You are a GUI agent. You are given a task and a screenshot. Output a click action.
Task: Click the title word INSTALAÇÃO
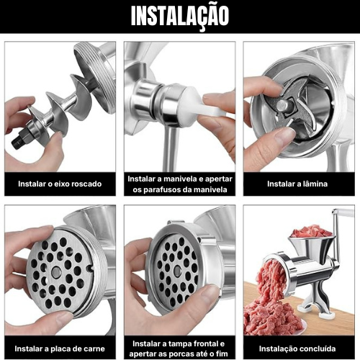180,16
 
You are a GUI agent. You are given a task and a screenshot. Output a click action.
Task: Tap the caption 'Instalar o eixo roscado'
60,184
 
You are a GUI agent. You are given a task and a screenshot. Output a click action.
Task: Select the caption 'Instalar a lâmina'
297,184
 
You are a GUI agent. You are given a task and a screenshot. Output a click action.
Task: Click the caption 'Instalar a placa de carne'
59,348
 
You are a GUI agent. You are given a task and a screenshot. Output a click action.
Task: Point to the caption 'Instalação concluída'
297,348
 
